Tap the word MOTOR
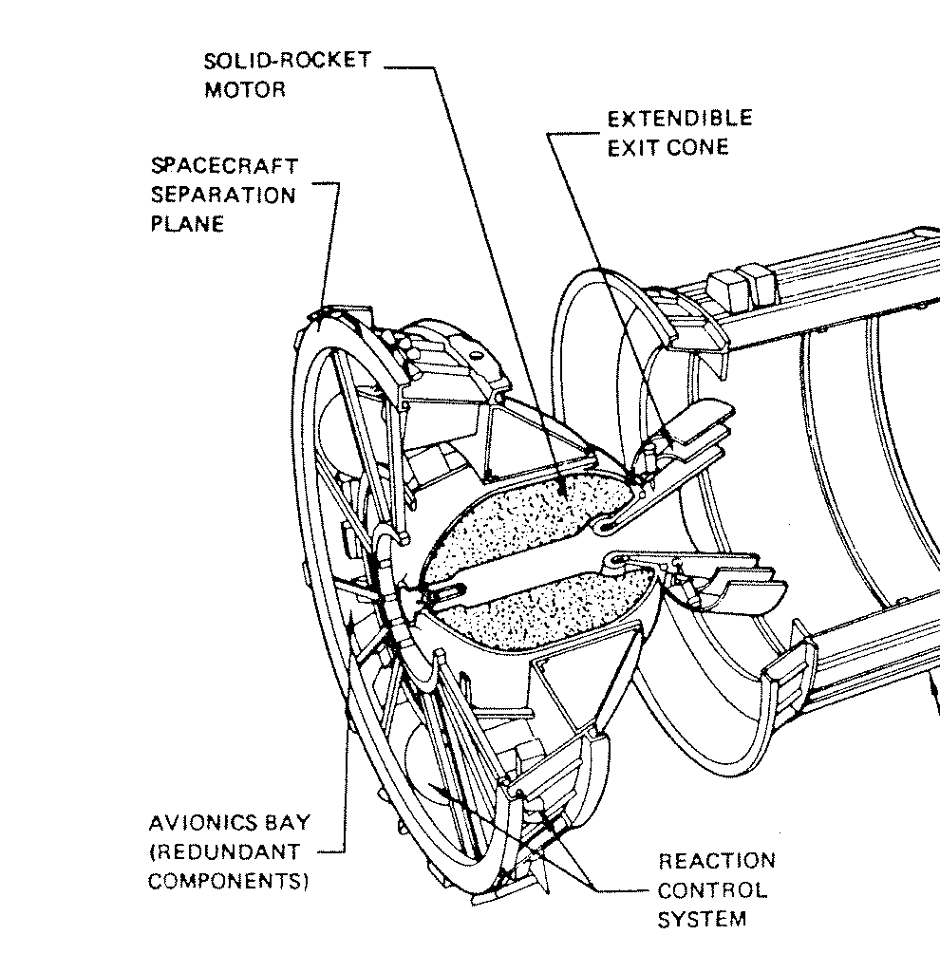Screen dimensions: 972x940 245,90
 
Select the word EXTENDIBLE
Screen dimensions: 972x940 680,119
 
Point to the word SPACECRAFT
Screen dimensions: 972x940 224,166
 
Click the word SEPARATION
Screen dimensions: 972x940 223,196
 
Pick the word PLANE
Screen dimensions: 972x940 188,225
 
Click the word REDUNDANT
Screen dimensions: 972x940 227,851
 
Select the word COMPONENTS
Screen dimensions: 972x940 229,881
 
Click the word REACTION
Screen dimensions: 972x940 717,862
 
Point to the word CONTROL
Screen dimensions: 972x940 712,891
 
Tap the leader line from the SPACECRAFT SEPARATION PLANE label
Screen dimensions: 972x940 331,247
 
